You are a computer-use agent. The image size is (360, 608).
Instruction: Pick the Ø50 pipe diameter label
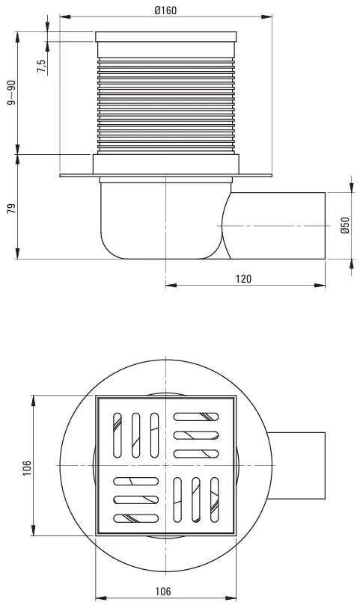point(345,225)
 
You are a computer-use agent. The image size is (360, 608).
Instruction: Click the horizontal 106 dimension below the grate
point(164,591)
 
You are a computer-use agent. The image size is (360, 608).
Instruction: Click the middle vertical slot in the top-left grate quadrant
point(135,434)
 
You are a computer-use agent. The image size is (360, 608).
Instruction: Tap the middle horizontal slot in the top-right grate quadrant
point(196,434)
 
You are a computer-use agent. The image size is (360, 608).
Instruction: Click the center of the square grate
point(165,466)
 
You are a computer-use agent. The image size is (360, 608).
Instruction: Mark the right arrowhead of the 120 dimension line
point(323,284)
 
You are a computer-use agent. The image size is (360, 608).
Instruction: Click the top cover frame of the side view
point(165,37)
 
